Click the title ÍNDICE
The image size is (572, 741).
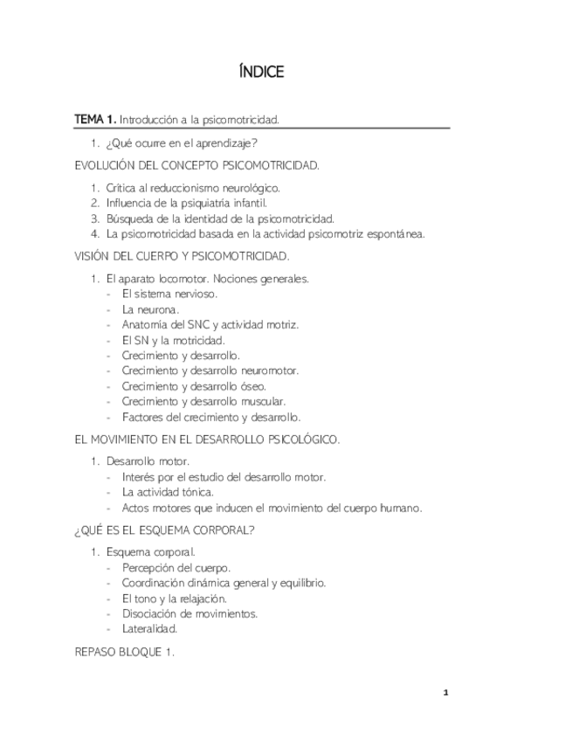coord(261,72)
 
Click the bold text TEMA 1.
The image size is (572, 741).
coord(94,118)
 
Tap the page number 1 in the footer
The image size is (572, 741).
coord(445,693)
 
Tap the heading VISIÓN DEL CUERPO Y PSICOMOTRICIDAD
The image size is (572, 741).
coord(182,257)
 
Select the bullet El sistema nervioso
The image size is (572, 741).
coord(169,294)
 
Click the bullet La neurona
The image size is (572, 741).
coord(150,309)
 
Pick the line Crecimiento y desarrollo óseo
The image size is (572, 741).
coord(194,386)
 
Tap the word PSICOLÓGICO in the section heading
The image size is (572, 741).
coord(296,439)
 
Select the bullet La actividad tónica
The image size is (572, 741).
coord(168,492)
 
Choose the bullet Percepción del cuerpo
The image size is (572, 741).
coord(176,568)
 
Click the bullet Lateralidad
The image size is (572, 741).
coord(149,628)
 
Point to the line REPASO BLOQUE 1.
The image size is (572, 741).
coord(125,651)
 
